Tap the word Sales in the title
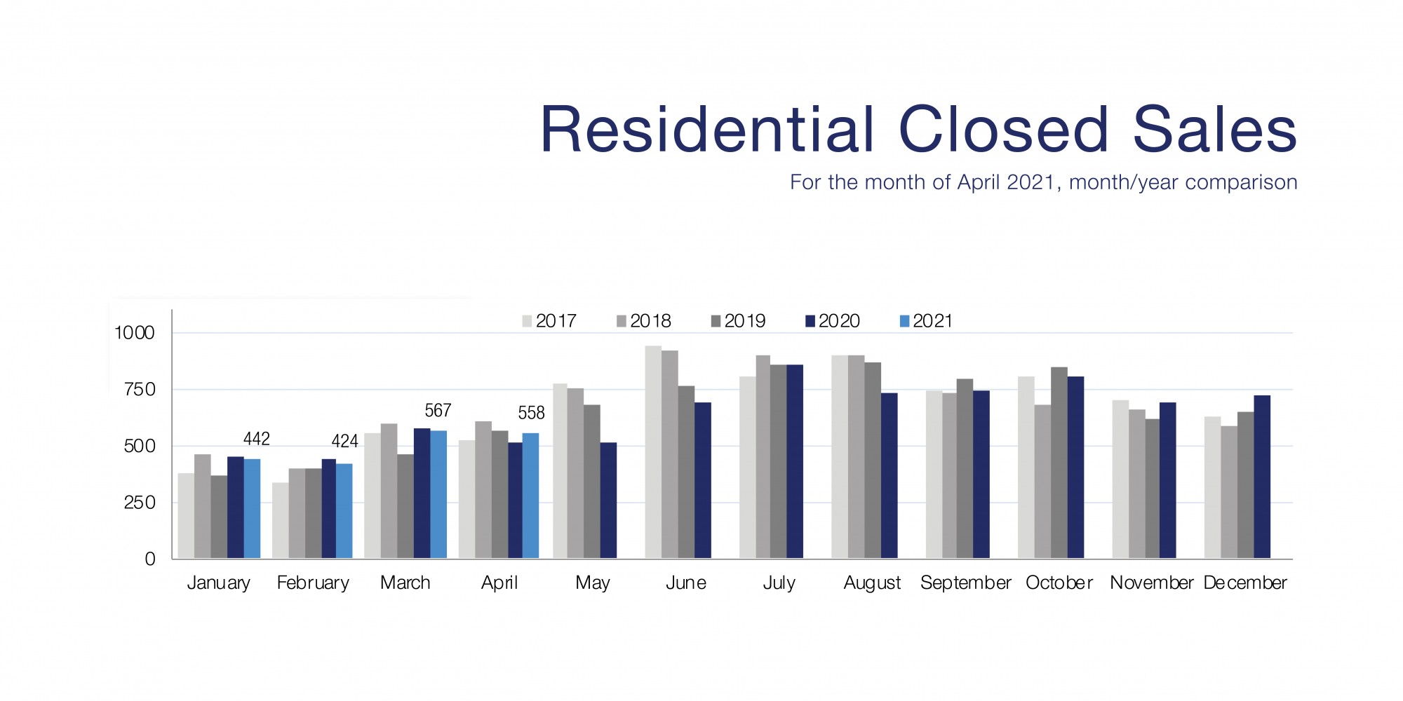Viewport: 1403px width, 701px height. [1214, 130]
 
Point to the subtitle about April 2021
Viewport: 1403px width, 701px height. [1043, 182]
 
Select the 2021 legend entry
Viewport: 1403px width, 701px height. [926, 321]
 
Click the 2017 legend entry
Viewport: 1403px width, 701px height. [549, 321]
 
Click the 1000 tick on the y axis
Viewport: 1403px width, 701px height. [135, 333]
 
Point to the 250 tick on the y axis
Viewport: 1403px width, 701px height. [139, 503]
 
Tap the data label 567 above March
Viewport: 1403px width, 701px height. [438, 410]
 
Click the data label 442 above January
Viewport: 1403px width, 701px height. [256, 439]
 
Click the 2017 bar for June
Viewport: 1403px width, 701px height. [653, 452]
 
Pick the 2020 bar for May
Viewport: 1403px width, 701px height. [608, 501]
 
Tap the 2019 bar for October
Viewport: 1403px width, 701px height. [1059, 463]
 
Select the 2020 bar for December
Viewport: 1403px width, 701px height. [1262, 477]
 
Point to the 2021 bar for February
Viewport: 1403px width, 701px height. [344, 511]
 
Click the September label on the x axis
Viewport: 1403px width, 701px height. [965, 583]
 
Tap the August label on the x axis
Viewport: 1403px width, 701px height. [872, 583]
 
